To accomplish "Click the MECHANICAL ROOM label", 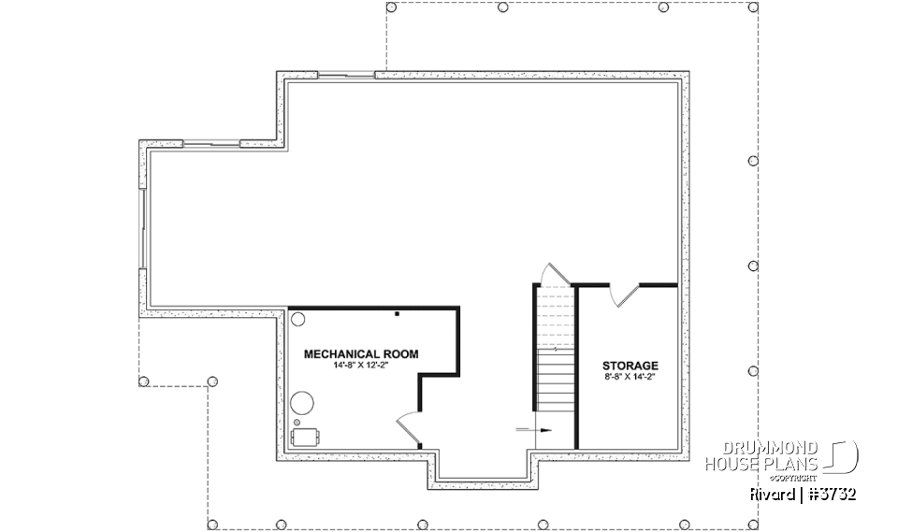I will click(361, 354).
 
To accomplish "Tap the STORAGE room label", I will click(630, 366).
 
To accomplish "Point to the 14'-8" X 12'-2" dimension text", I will click(361, 366).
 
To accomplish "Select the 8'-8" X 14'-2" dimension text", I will click(630, 377).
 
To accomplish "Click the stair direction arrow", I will click(533, 430).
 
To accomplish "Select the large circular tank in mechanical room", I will click(301, 404).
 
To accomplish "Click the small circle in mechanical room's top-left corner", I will click(298, 320).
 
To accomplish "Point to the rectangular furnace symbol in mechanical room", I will click(306, 436).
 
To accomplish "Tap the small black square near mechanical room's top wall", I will click(397, 315).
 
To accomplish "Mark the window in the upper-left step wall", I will click(210, 144).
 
